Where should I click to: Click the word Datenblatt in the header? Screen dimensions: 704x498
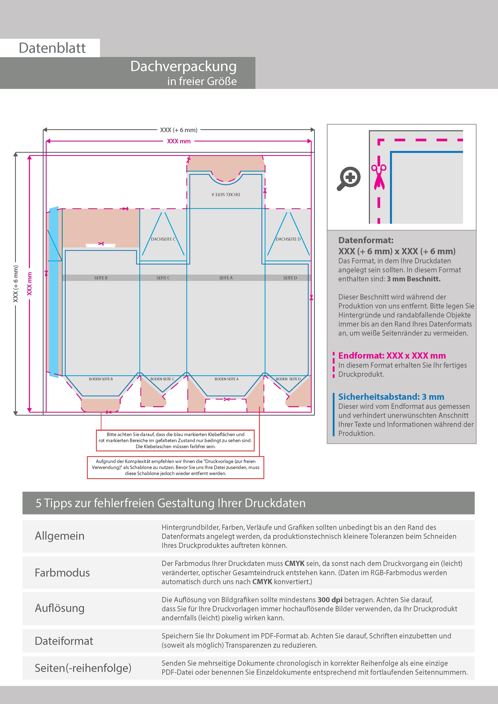pos(52,48)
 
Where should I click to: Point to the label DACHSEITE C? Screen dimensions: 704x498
pos(163,239)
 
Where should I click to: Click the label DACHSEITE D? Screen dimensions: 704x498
pos(288,239)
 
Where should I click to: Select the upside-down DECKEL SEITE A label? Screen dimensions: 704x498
pos(226,195)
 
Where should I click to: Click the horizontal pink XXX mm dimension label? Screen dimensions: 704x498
pos(179,141)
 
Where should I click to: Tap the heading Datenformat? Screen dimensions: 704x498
pos(366,240)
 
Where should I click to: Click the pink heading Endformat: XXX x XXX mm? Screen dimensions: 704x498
pos(392,356)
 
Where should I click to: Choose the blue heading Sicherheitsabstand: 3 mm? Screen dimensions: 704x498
pos(391,397)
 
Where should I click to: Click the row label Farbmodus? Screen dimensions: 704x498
pos(62,573)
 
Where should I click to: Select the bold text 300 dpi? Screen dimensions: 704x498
pos(330,600)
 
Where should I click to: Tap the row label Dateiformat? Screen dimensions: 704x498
pos(64,641)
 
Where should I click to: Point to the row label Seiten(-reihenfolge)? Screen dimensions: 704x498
pos(83,668)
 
